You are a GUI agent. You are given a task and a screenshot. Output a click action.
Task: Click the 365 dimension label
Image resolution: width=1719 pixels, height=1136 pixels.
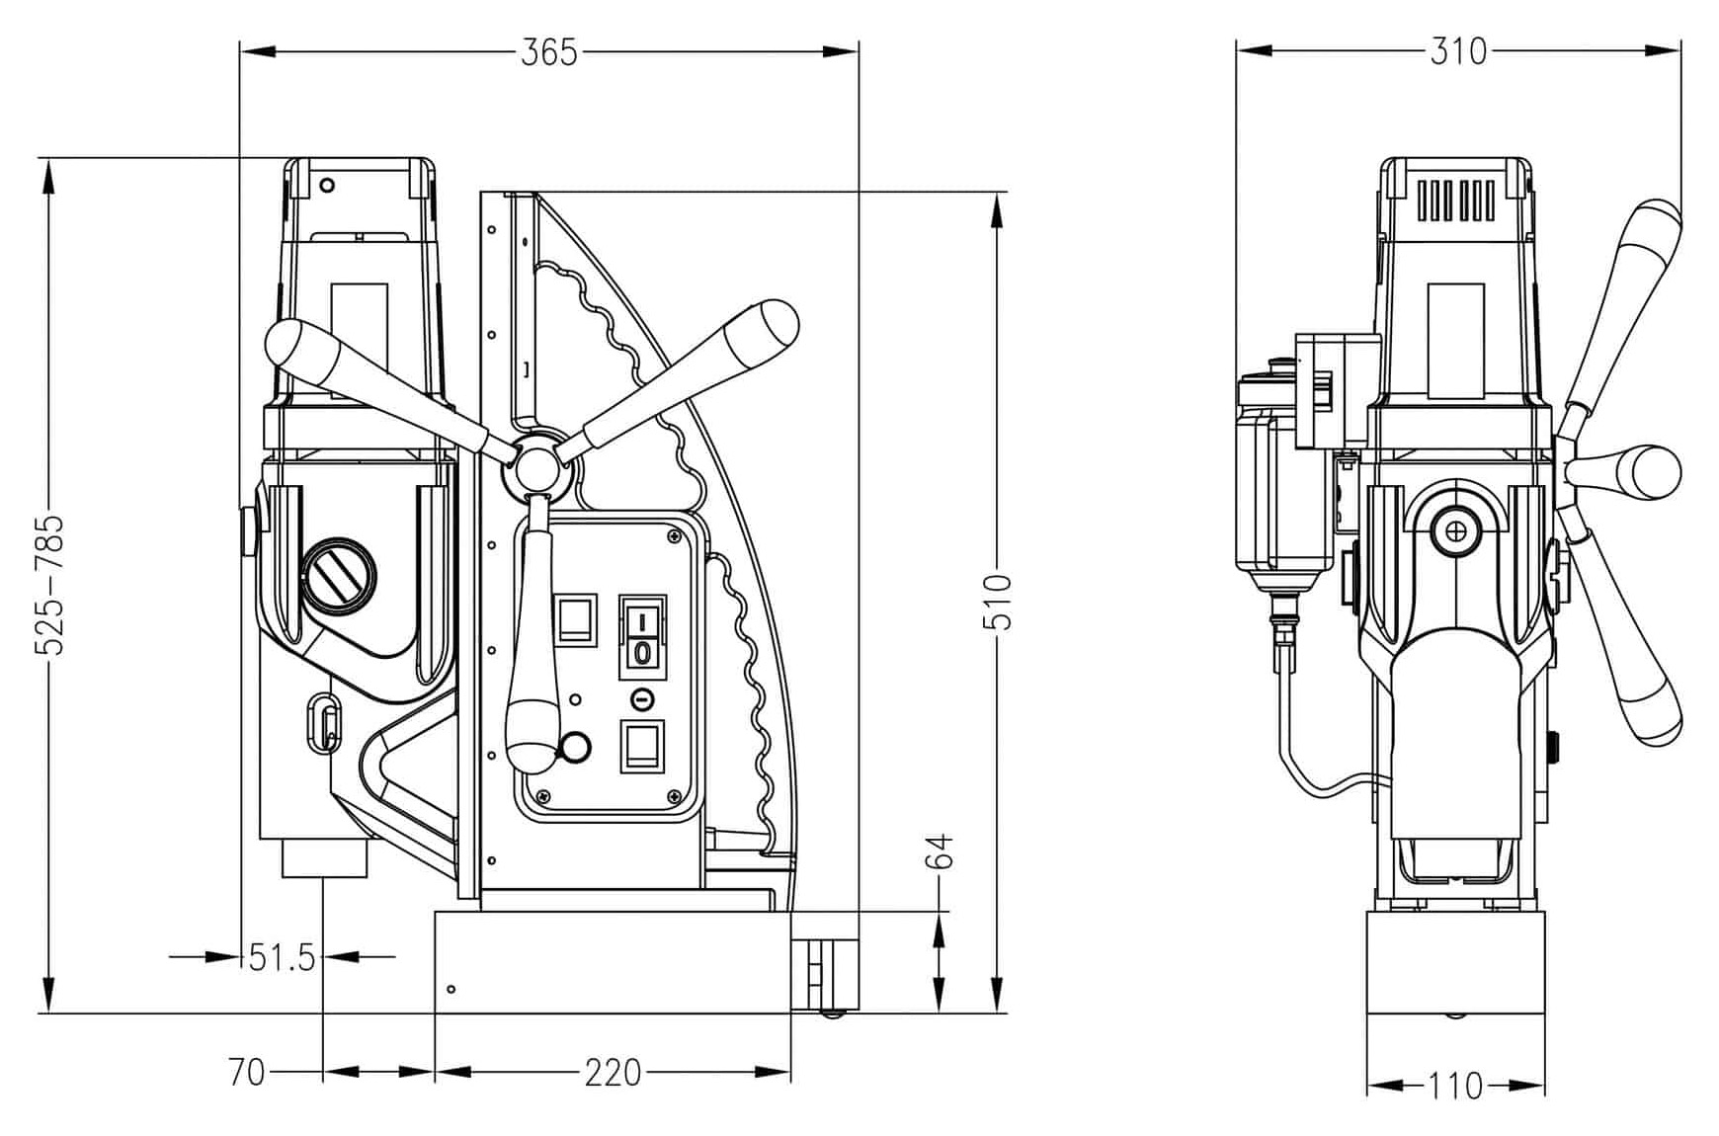[548, 51]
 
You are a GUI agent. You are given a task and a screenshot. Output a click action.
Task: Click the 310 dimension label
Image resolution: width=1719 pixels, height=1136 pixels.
[1458, 51]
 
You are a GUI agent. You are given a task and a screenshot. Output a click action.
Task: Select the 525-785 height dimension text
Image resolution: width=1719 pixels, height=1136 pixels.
[49, 584]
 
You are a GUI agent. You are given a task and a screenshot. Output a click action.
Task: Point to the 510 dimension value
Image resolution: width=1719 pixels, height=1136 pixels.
[998, 602]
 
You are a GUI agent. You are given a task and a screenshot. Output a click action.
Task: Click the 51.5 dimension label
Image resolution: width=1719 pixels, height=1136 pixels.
[282, 957]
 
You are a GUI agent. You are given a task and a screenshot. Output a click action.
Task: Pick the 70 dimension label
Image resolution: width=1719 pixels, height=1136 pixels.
[246, 1072]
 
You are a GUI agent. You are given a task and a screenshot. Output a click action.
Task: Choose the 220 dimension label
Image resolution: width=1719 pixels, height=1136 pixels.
[613, 1072]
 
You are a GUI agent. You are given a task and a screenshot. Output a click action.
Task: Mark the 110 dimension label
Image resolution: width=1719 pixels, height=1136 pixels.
[1456, 1087]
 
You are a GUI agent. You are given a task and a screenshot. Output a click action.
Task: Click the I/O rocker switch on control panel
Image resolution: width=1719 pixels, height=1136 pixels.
[642, 637]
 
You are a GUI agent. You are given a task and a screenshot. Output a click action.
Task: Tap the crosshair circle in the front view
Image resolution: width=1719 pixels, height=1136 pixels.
[1454, 531]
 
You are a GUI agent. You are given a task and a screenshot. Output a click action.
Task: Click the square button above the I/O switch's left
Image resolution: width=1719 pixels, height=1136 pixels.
[576, 620]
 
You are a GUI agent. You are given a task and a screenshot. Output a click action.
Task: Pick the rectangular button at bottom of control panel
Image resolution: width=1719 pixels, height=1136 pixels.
[642, 746]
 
